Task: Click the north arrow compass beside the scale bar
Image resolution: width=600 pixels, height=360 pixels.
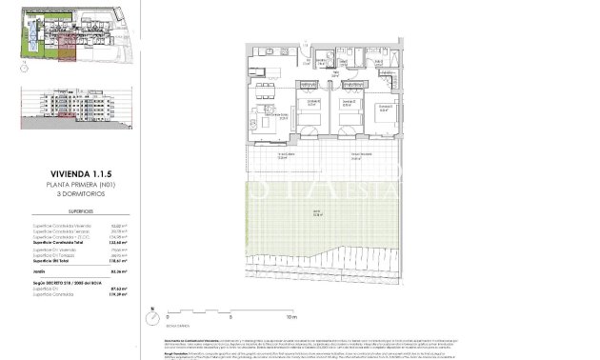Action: click(152, 310)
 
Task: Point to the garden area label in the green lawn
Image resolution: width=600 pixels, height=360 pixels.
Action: click(316, 213)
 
